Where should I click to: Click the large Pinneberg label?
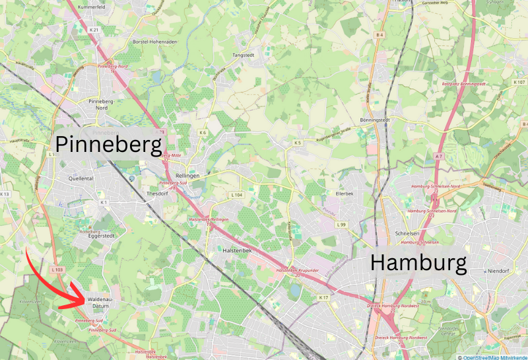[x=109, y=143]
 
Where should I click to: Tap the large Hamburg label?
[x=418, y=262]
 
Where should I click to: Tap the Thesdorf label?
[x=157, y=194]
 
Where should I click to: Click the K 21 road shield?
[x=94, y=30]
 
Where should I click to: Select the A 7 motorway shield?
[x=438, y=155]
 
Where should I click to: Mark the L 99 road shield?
[x=341, y=225]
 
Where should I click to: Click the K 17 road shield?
[x=323, y=298]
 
